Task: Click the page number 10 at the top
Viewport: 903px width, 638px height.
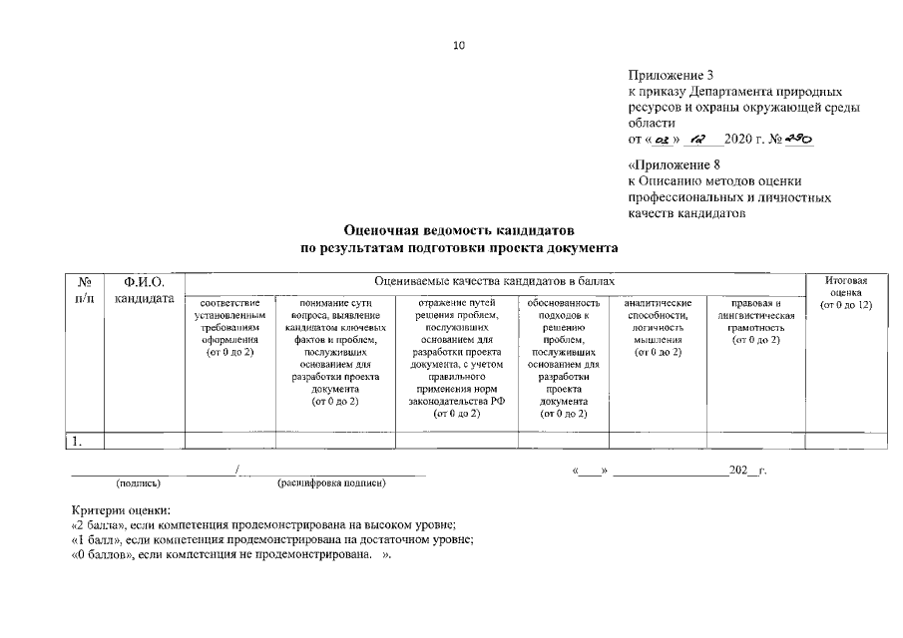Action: click(x=459, y=46)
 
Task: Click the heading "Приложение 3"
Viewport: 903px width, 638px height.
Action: click(x=671, y=74)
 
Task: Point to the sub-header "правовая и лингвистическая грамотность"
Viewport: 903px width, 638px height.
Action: click(x=755, y=320)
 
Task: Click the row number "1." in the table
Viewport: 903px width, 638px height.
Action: click(x=75, y=440)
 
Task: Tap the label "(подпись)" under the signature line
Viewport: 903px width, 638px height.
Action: click(x=139, y=483)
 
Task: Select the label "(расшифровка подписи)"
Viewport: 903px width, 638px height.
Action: click(x=331, y=483)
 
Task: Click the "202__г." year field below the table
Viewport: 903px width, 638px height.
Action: click(x=747, y=469)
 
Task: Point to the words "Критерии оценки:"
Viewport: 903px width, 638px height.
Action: click(x=121, y=510)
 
